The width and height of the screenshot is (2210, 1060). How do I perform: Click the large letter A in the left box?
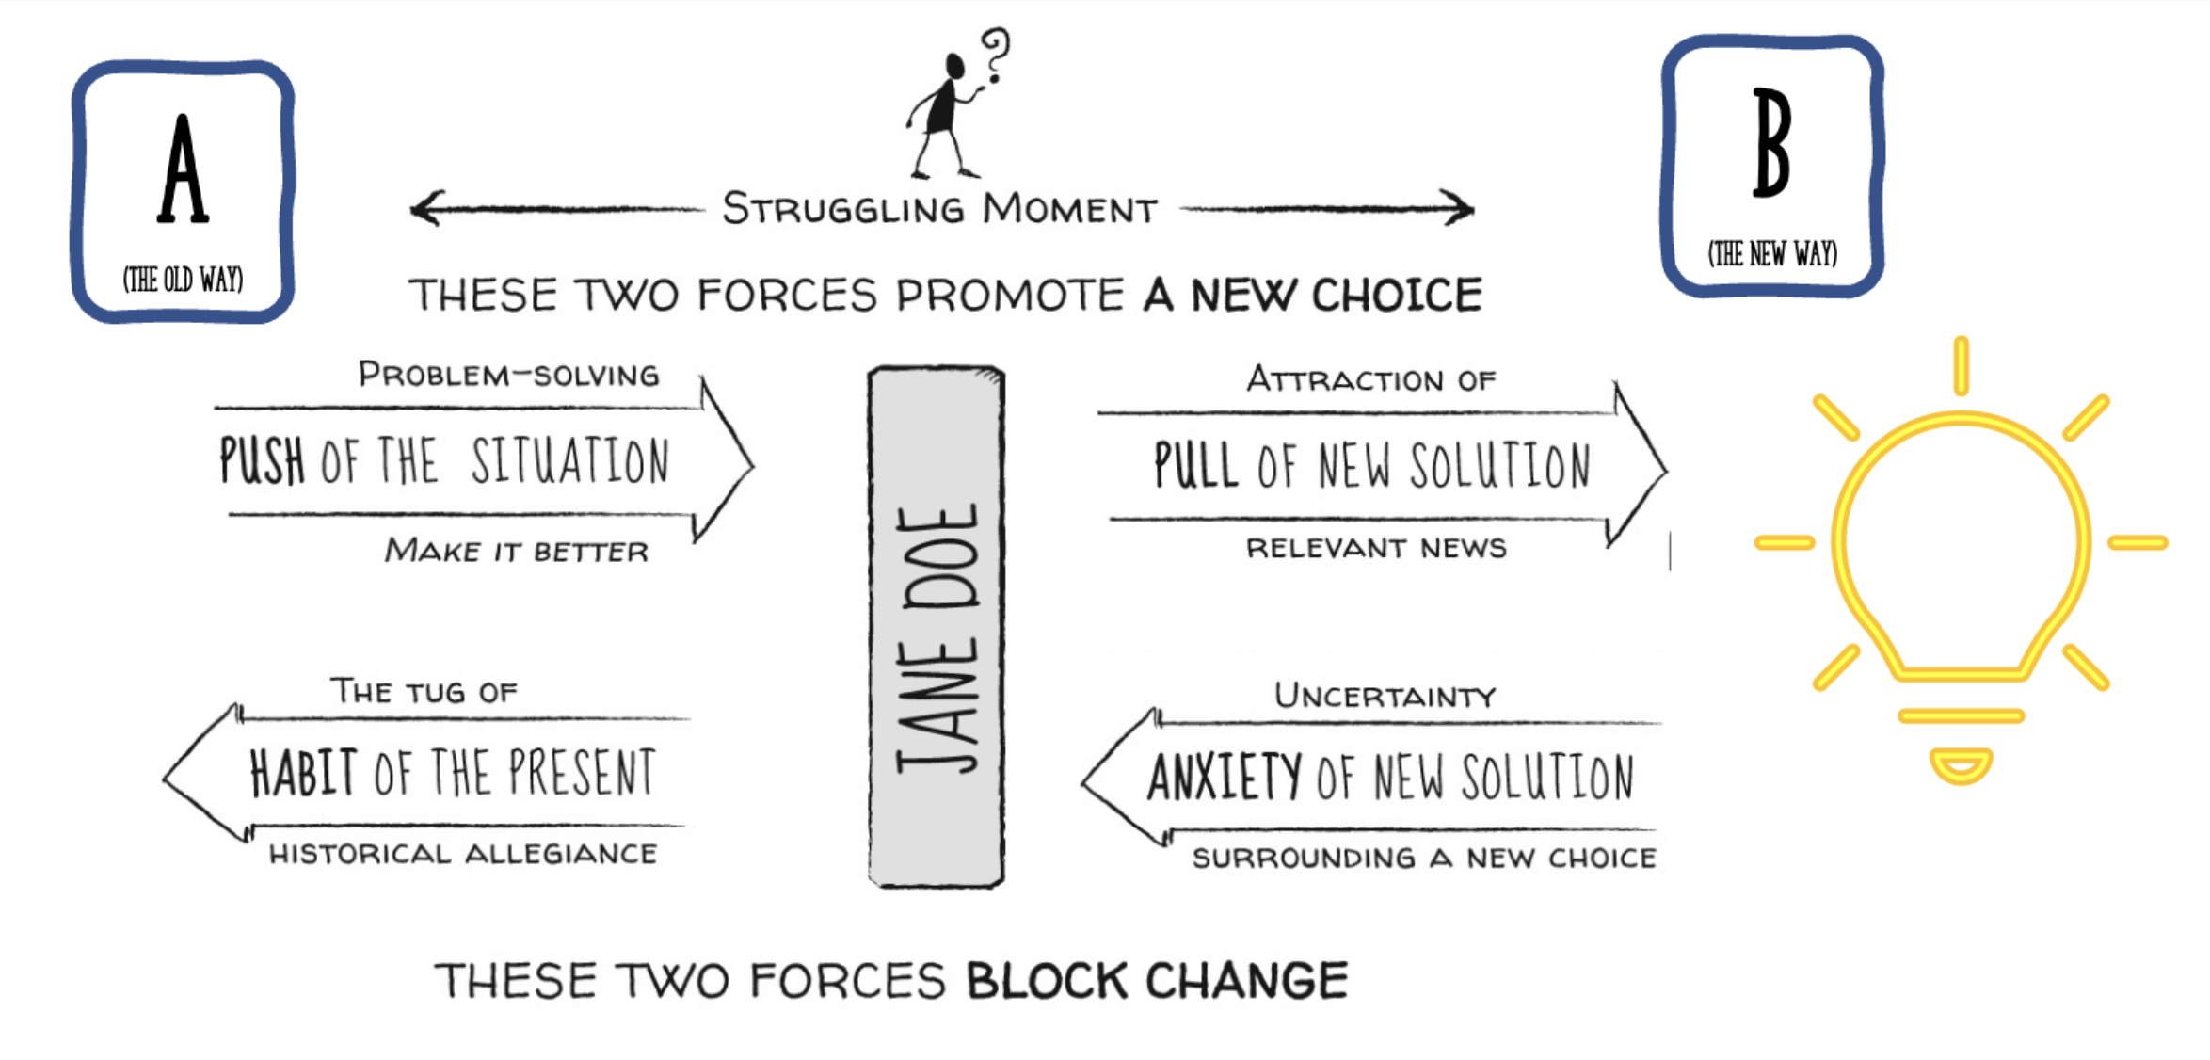183,169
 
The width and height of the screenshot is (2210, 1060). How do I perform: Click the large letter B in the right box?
1771,143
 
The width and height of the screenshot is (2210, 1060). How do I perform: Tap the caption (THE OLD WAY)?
183,280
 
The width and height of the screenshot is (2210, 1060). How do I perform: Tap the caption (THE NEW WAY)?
1772,254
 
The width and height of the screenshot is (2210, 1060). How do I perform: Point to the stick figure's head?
954,66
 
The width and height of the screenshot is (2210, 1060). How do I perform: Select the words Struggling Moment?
939,209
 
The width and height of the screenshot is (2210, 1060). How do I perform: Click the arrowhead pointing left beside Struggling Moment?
425,208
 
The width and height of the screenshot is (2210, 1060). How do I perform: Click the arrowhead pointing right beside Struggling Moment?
1459,208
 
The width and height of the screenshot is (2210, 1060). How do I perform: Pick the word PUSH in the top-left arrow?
262,460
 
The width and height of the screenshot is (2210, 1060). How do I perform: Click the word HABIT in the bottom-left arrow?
303,773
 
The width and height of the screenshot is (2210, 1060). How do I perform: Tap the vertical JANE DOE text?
937,640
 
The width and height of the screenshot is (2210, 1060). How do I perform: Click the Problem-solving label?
508,375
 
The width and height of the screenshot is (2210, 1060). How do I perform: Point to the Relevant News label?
1376,548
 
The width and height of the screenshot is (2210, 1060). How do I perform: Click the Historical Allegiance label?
463,854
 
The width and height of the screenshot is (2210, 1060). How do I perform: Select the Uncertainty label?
1385,697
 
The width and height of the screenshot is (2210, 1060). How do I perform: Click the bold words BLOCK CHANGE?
1157,981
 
